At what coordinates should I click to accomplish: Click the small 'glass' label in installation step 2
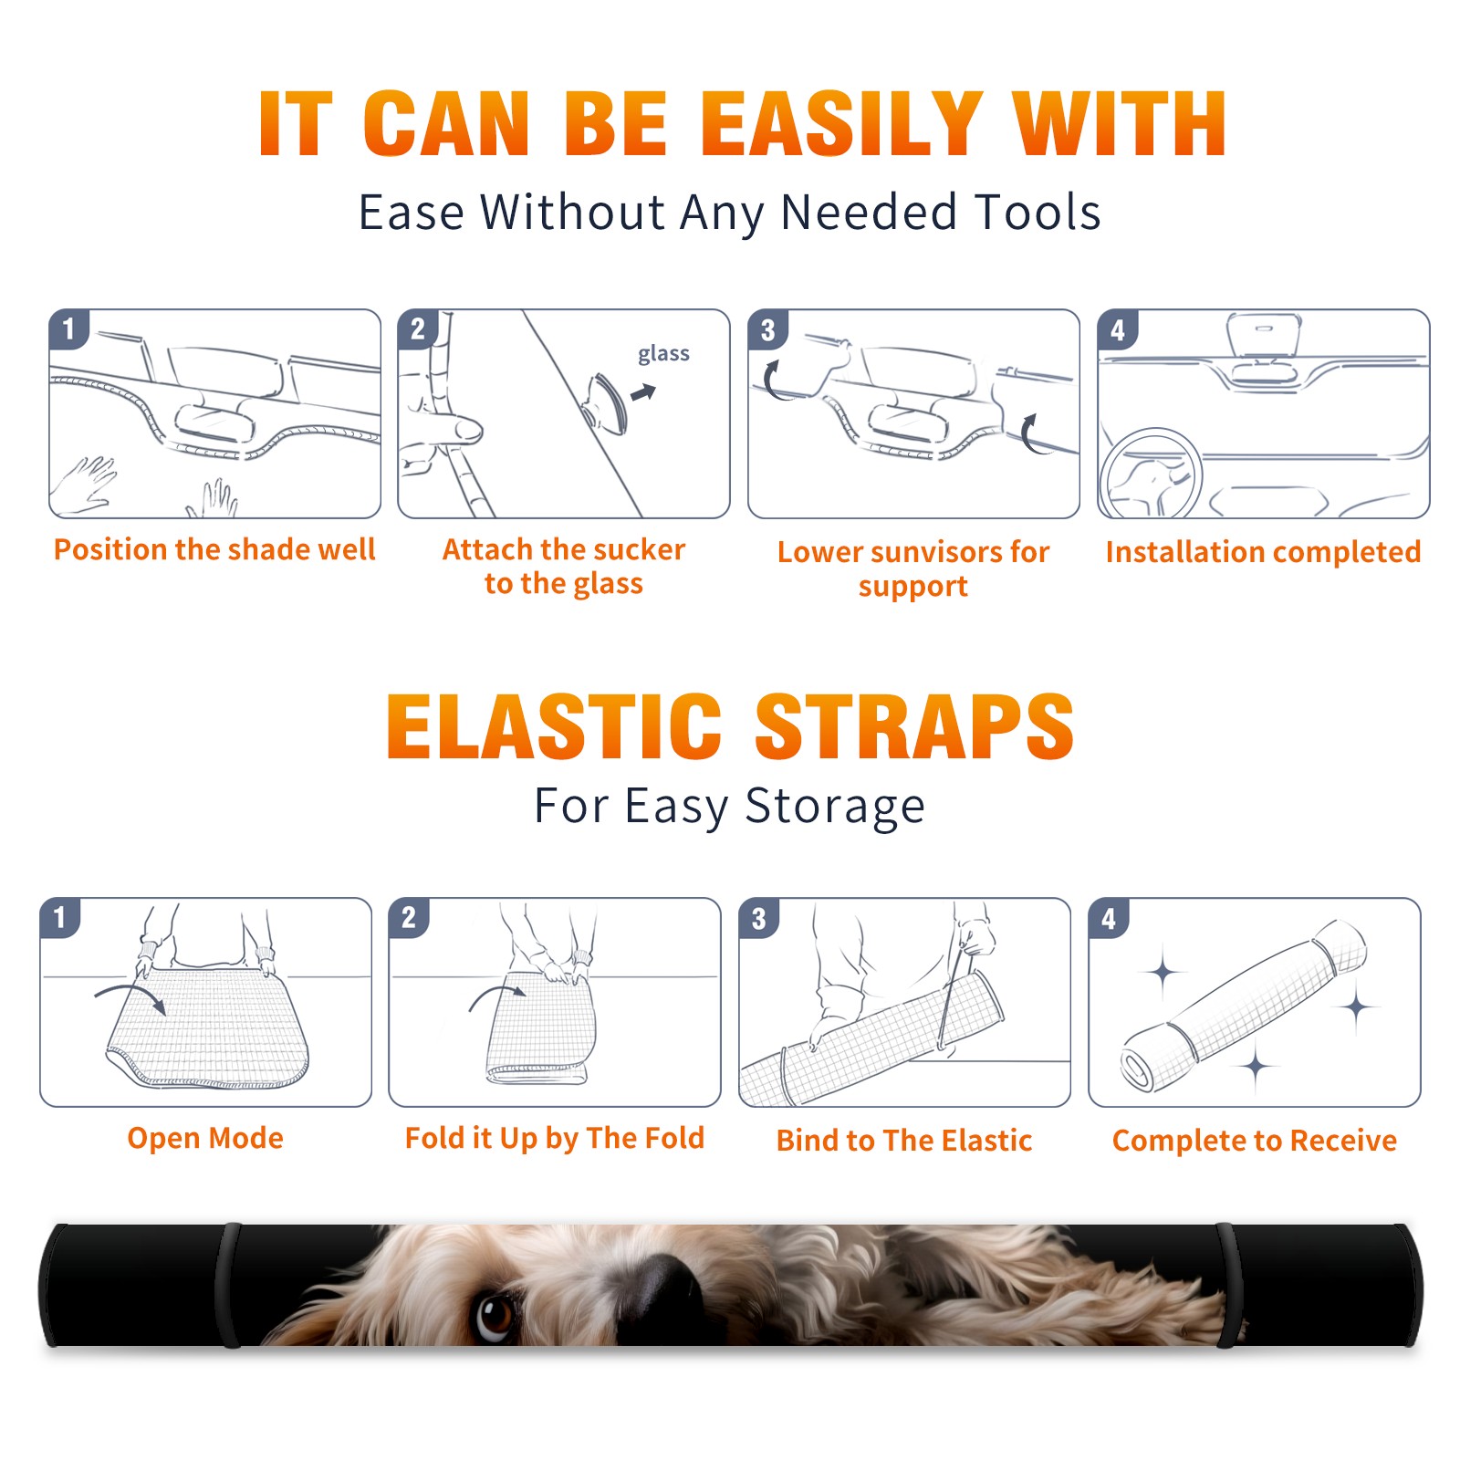[x=663, y=354]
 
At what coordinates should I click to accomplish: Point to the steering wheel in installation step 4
[x=1149, y=473]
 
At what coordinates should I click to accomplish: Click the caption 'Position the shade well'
[x=214, y=549]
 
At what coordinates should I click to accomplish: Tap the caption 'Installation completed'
[x=1263, y=551]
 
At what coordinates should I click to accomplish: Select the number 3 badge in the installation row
[x=768, y=329]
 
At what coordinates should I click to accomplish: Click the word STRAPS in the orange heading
[x=914, y=726]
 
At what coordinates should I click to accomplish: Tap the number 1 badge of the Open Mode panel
[x=60, y=917]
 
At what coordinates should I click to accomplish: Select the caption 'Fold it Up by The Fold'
[x=555, y=1139]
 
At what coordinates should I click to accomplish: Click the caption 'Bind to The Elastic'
[x=904, y=1141]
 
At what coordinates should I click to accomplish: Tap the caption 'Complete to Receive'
[x=1255, y=1141]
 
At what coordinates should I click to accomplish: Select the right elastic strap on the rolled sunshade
[x=1227, y=1285]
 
